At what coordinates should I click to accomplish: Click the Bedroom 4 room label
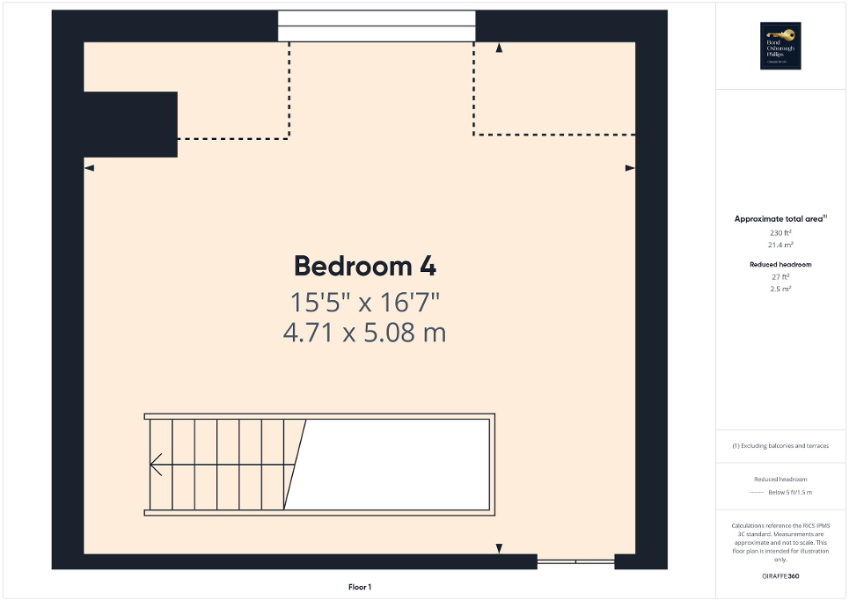click(364, 266)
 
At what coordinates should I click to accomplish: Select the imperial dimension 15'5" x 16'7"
click(364, 303)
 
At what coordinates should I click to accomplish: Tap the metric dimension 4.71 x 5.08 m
click(364, 333)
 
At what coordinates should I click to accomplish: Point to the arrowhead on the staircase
click(156, 464)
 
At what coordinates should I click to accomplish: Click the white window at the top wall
click(377, 26)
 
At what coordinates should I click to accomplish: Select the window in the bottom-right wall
click(575, 561)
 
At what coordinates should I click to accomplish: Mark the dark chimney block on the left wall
click(130, 124)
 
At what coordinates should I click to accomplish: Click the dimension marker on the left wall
click(89, 167)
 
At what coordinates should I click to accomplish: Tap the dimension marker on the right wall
click(629, 167)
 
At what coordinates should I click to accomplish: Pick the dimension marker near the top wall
click(499, 48)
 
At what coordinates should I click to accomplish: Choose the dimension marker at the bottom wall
click(499, 548)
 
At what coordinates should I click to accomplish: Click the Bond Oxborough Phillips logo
click(780, 45)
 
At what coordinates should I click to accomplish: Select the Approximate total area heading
click(780, 218)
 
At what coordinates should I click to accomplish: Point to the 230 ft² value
click(780, 232)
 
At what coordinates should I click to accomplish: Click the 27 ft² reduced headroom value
click(780, 276)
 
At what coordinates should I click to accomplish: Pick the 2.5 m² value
click(780, 289)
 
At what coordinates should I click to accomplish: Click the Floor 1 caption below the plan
click(360, 587)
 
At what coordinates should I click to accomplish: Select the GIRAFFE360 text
click(780, 576)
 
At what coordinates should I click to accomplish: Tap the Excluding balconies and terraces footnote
click(780, 446)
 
